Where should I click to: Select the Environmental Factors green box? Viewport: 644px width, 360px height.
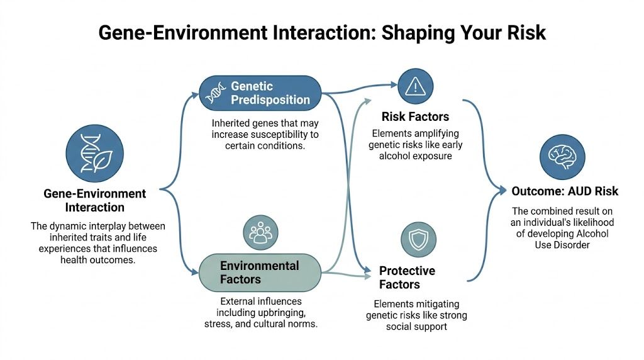pyautogui.click(x=259, y=272)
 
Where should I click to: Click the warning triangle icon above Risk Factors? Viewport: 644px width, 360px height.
pyautogui.click(x=416, y=86)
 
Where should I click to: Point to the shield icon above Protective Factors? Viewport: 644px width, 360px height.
pyautogui.click(x=418, y=240)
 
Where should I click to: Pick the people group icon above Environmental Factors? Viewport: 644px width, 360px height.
pyautogui.click(x=260, y=233)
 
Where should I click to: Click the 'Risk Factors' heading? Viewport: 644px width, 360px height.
pyautogui.click(x=415, y=117)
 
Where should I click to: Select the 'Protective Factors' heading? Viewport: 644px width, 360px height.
pyautogui.click(x=407, y=278)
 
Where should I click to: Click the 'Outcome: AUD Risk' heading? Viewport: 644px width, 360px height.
pyautogui.click(x=565, y=191)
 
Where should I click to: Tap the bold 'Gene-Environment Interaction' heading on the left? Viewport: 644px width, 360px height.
pyautogui.click(x=94, y=201)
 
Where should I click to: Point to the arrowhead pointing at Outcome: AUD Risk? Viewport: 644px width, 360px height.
pyautogui.click(x=502, y=189)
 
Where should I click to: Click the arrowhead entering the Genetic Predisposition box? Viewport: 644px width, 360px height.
pyautogui.click(x=196, y=93)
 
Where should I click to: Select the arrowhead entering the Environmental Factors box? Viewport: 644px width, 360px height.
pyautogui.click(x=196, y=272)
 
